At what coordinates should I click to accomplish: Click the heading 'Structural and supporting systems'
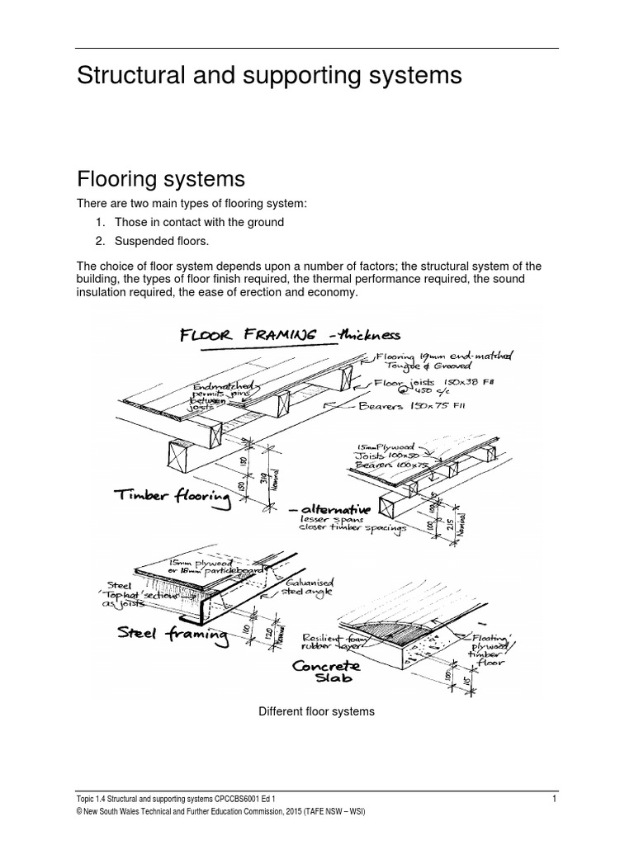[268, 76]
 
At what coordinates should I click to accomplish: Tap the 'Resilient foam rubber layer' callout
[331, 642]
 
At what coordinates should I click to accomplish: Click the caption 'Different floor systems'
[317, 711]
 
